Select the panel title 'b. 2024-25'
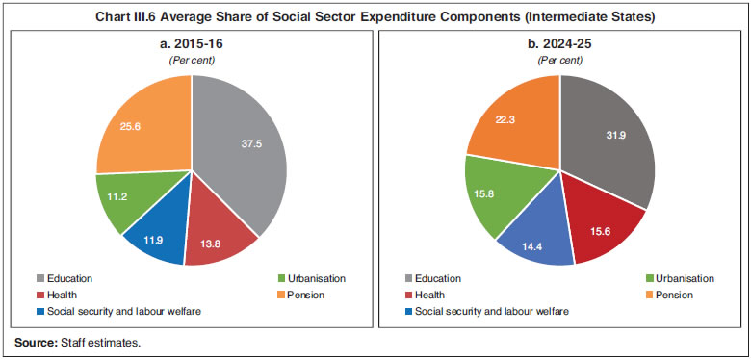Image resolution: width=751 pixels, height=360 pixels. click(559, 44)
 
